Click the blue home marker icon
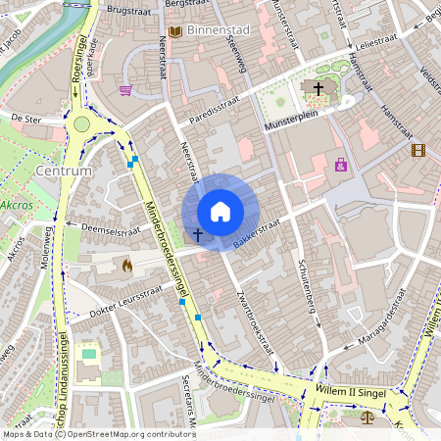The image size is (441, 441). coord(220,212)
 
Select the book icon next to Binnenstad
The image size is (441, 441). coord(174,32)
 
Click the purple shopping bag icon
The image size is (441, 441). coord(341,165)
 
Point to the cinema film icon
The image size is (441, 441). coord(419,150)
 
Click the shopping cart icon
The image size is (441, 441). coord(125,91)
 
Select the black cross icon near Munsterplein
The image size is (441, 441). coord(318,88)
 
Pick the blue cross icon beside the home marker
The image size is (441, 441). coord(197,235)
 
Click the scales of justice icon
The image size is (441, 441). coord(367,416)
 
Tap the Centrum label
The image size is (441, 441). coord(63,171)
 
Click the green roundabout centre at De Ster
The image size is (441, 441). coord(80,124)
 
